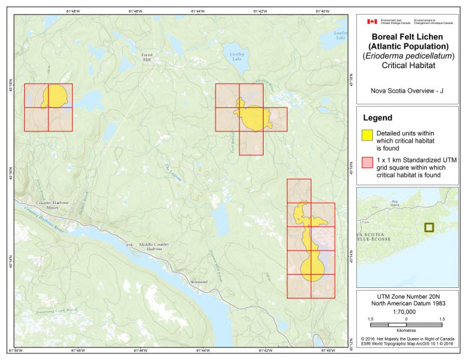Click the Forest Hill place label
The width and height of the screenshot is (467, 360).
[147, 58]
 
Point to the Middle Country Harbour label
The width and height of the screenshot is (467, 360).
[155, 247]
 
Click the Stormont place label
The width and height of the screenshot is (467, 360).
[199, 283]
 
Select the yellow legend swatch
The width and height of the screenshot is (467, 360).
[367, 135]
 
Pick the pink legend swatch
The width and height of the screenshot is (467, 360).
[367, 162]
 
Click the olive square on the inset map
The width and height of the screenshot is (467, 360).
[431, 227]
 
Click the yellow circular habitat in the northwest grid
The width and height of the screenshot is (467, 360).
[53, 96]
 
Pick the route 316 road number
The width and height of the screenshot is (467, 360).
[129, 245]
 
